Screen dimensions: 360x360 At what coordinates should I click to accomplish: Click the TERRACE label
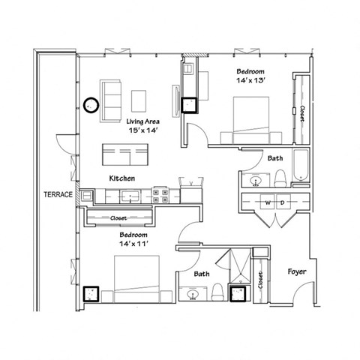click(58, 194)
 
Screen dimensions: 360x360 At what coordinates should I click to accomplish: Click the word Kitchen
click(121, 178)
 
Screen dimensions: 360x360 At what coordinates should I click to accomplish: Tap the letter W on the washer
click(266, 202)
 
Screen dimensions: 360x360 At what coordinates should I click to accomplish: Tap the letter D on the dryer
click(282, 202)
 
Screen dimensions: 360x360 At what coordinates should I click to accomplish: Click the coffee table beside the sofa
click(139, 99)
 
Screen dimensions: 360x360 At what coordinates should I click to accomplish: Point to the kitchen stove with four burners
click(160, 196)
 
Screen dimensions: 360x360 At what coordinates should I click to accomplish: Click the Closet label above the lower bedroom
click(119, 217)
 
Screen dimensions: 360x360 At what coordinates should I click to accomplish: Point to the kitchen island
click(125, 154)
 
